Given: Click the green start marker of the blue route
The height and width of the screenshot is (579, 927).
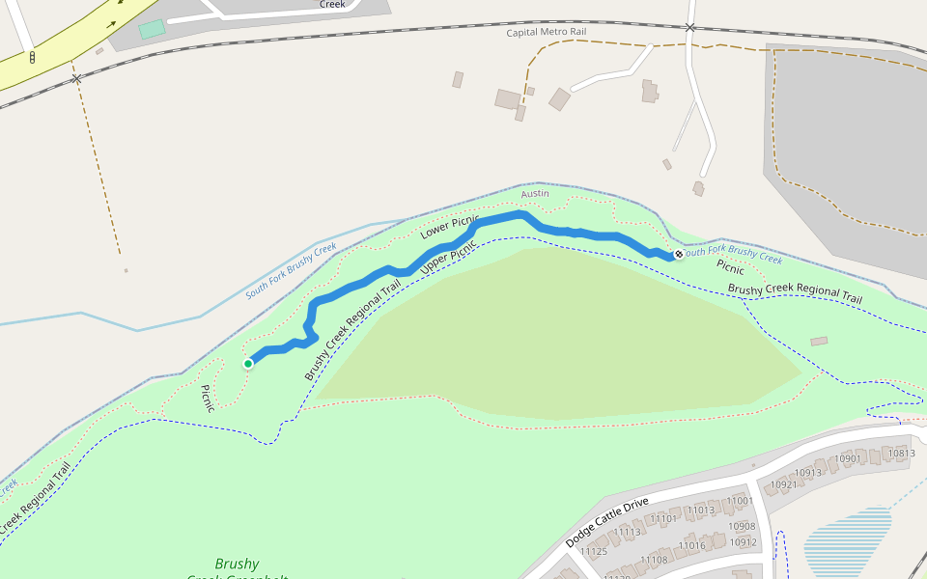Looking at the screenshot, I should pos(248,363).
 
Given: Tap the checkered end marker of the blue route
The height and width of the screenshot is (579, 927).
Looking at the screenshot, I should pos(679,254).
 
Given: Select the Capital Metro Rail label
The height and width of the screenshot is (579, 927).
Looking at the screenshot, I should pos(547,32).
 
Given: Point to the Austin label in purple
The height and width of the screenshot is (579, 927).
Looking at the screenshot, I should pos(535,194).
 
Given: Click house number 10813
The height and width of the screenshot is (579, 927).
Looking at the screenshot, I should pos(901,454).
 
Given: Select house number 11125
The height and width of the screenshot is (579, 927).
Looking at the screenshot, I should pos(593,552).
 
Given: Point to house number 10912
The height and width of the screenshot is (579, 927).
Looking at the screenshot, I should pos(743,542).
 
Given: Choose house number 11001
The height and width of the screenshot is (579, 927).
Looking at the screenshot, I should pos(741,501).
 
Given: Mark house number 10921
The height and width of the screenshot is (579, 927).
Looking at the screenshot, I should pos(783,484).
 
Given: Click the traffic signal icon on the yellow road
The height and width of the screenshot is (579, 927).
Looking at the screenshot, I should pos(32,58).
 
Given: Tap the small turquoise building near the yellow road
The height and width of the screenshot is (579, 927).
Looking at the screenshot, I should pos(152,29).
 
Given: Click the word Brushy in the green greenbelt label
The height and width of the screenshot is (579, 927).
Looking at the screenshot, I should pos(237,564).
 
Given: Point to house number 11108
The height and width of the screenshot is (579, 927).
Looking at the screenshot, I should pos(654,560).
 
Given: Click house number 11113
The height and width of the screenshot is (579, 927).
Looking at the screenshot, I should pos(628,532).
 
